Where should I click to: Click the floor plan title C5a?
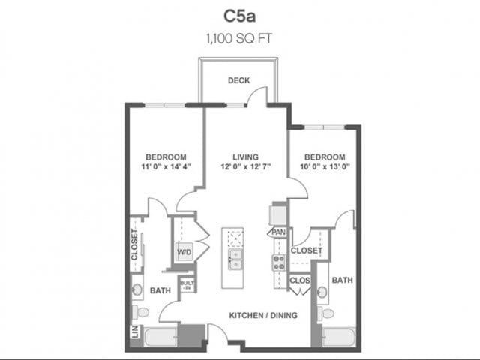point(239,16)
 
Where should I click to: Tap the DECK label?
point(238,81)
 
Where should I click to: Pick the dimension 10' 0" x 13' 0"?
point(325,167)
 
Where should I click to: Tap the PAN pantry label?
point(278,233)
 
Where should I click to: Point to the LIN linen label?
point(135,331)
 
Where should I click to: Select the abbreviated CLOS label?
point(298,281)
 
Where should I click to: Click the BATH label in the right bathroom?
point(342,280)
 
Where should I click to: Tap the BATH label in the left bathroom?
point(158,289)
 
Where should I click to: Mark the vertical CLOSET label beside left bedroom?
point(135,244)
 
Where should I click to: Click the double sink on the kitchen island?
point(235,259)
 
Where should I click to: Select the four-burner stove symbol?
point(278,262)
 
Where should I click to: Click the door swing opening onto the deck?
point(259,95)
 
